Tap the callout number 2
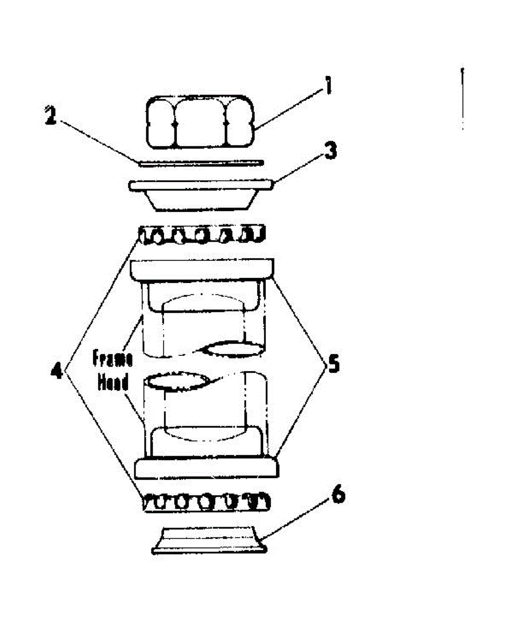point(50,116)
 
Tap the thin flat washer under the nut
point(200,162)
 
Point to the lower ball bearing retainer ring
point(206,503)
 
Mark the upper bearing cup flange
point(202,270)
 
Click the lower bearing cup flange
point(207,467)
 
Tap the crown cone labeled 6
point(209,540)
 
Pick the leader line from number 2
point(96,139)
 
